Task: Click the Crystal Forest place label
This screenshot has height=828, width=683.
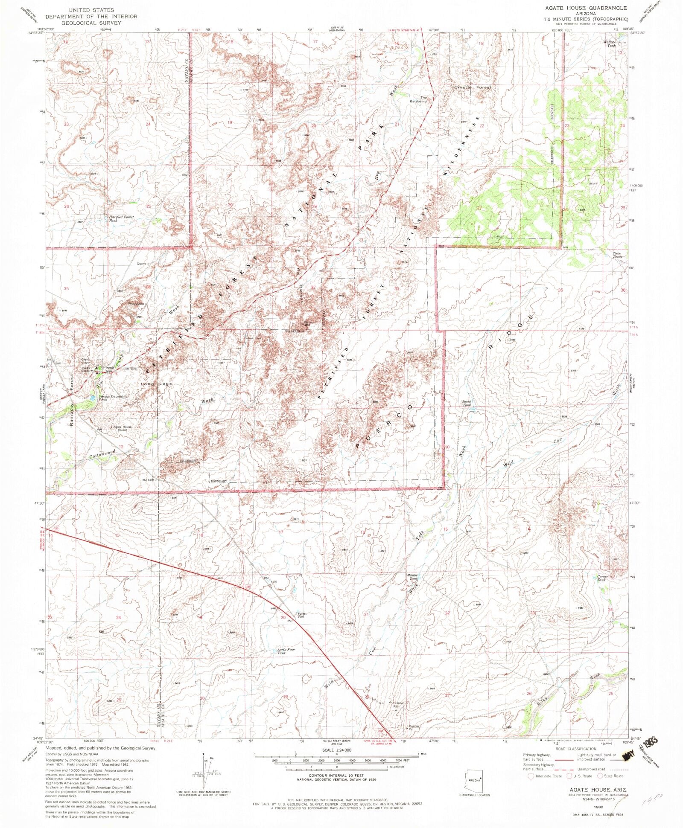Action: [x=473, y=87]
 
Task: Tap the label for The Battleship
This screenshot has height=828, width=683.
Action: [x=418, y=99]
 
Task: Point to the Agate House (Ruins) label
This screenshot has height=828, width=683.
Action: [x=121, y=428]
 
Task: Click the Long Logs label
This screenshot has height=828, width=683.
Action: [x=157, y=384]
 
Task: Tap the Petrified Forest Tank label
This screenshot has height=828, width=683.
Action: [x=121, y=219]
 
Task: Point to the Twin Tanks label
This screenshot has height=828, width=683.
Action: [x=618, y=255]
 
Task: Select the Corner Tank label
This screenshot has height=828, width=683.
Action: [x=601, y=578]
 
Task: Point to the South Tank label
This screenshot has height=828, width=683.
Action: [x=466, y=403]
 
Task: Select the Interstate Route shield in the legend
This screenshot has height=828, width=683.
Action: [x=531, y=776]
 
